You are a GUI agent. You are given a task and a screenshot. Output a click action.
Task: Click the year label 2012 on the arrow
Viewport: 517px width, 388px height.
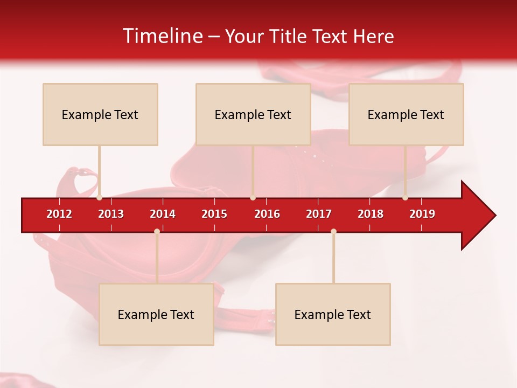click(59, 214)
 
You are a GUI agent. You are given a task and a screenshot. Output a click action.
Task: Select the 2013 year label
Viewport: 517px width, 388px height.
click(111, 214)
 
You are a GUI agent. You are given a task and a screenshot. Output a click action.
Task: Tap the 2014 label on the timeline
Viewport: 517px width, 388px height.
click(163, 214)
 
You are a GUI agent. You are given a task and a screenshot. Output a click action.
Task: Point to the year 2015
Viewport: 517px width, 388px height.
click(214, 214)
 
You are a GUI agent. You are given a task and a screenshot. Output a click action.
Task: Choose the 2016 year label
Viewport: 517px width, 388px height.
click(267, 214)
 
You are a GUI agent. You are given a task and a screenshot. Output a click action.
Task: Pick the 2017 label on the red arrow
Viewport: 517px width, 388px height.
click(319, 214)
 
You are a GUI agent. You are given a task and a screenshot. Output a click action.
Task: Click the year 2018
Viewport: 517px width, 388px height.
click(371, 214)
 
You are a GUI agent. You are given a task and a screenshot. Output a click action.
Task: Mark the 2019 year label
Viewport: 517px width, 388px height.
click(422, 214)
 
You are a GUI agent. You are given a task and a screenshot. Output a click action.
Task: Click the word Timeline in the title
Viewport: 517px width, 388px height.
click(162, 36)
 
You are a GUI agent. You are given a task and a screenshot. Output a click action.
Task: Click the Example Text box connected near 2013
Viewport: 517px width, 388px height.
click(100, 114)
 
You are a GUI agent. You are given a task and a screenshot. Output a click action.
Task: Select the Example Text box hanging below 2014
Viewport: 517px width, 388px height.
click(156, 314)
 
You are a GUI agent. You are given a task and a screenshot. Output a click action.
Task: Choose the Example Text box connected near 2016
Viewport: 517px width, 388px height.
click(253, 114)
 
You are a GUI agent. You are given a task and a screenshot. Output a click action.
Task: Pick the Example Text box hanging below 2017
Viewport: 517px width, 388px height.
click(333, 314)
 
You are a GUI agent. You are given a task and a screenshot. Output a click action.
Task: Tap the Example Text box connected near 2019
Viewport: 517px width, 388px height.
click(406, 114)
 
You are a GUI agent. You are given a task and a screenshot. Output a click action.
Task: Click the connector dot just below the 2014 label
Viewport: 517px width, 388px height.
click(157, 231)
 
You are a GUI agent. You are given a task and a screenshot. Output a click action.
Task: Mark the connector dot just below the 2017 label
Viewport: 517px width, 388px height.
click(333, 231)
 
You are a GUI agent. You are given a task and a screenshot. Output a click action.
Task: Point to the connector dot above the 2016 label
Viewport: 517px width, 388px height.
click(253, 198)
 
